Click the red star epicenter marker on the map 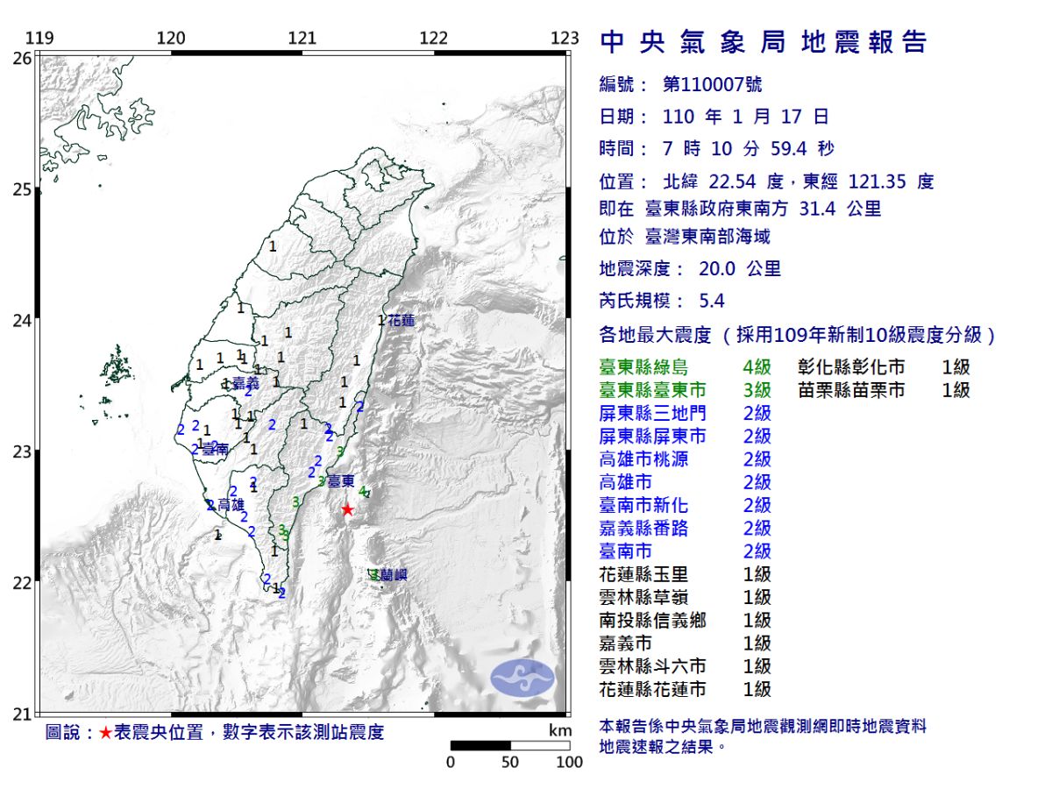coord(347,509)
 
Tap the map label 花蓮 coord(401,321)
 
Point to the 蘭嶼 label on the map coord(393,575)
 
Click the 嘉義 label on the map coord(245,383)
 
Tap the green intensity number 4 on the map coord(362,492)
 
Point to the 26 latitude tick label coord(23,58)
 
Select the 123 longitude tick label coord(565,39)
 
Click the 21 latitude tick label coord(23,714)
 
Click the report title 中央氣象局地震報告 coord(763,42)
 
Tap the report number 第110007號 coord(712,85)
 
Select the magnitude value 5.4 coord(712,301)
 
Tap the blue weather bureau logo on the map coord(522,678)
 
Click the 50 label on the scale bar coord(510,762)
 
